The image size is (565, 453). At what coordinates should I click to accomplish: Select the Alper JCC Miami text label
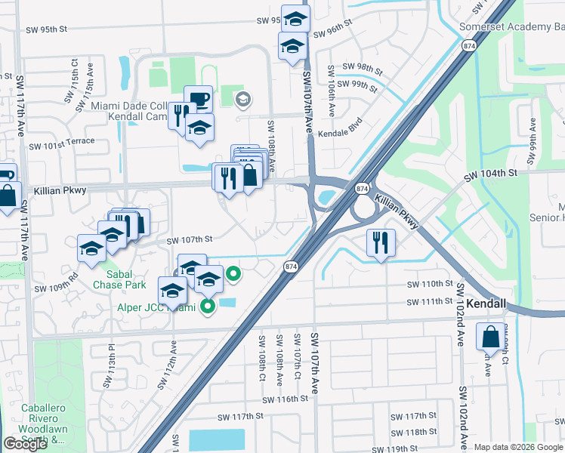[156, 307]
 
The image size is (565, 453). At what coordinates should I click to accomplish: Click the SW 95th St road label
[47, 30]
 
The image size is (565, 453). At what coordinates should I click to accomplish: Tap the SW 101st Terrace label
[62, 141]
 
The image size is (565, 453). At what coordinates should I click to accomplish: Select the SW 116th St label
[284, 398]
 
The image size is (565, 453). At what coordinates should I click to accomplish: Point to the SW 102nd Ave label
[460, 325]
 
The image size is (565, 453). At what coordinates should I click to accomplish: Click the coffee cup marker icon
[198, 99]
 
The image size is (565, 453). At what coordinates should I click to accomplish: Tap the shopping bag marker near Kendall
[490, 336]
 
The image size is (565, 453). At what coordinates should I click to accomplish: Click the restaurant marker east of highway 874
[380, 242]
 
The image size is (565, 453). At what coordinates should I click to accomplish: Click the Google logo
[26, 444]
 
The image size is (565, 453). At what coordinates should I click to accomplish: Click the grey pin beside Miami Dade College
[242, 98]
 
